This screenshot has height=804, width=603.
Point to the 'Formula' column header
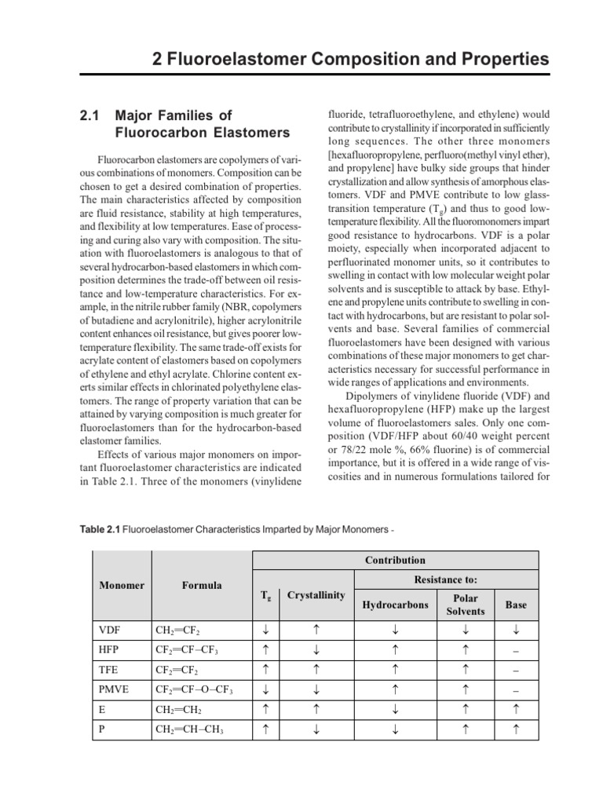pos(202,585)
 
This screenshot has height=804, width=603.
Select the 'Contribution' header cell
pos(394,560)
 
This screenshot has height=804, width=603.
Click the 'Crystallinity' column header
pos(316,595)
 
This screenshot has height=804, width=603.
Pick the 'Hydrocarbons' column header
pos(395,605)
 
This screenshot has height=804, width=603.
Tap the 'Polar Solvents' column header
pos(466,605)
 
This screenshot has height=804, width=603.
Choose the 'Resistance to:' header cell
pos(448,579)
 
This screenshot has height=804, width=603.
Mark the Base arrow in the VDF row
pos(516,629)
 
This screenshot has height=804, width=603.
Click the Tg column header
pos(265,595)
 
